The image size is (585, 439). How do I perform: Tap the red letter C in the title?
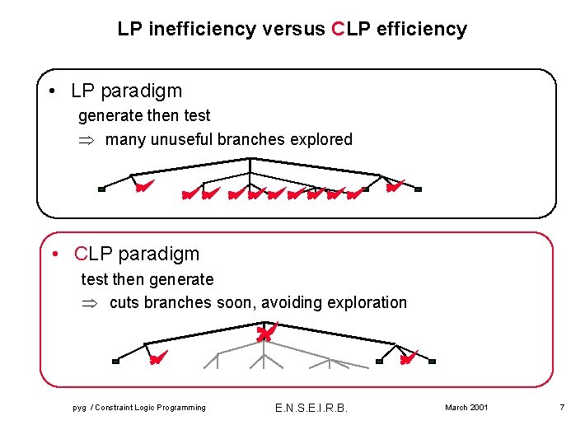[x=336, y=30]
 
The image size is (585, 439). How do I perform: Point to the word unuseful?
[x=182, y=139]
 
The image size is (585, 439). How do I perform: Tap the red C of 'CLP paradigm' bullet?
[x=81, y=254]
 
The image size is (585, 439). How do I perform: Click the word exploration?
[x=367, y=302]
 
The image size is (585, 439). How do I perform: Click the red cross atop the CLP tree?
[x=264, y=332]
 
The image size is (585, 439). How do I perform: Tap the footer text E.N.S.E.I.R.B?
[x=311, y=408]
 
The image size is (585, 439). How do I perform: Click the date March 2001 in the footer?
[x=466, y=408]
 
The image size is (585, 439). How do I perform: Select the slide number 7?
[x=561, y=408]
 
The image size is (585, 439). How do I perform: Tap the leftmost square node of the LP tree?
[x=101, y=189]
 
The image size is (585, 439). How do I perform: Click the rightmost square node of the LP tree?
[x=418, y=189]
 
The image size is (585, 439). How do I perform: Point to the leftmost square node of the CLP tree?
[x=115, y=361]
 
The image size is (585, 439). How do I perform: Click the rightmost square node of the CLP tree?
[x=432, y=361]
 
